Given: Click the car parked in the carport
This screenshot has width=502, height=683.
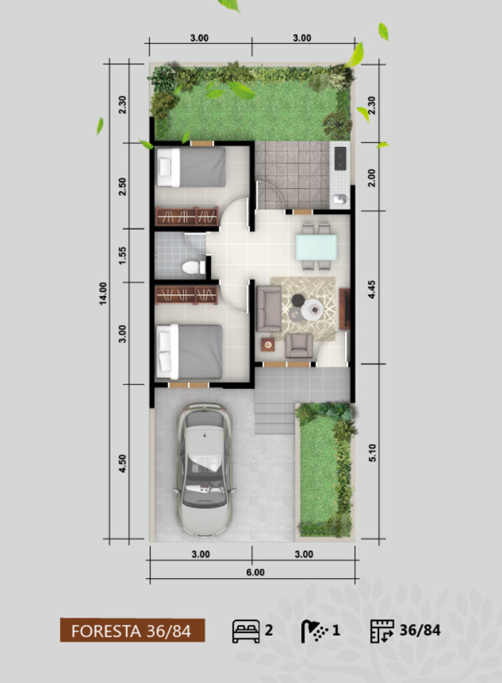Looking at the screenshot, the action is coord(204,470).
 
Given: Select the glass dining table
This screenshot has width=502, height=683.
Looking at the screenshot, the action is coord(316,247).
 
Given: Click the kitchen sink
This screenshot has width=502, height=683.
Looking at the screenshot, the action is coord(340,199).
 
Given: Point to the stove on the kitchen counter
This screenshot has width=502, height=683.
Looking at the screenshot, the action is coord(340,158).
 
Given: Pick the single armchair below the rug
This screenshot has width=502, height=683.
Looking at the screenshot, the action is coord(299,346).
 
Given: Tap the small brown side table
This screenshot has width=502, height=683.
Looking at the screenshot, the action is coord(268,345).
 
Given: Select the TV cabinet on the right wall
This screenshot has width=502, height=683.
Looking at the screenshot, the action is coord(344,308).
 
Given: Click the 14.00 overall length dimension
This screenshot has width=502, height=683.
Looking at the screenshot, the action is coord(103,293).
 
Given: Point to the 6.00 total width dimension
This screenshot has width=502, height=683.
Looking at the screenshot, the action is coord(256,572).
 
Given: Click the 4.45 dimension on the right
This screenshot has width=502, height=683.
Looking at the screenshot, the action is coord(372,289).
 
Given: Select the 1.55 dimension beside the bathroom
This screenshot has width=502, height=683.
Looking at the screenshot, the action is coord(122,255).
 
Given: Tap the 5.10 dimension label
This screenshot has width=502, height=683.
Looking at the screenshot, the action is coord(372,453).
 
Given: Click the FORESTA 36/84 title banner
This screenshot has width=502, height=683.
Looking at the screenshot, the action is coord(132,630).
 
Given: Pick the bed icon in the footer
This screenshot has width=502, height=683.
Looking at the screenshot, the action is coord(246,631).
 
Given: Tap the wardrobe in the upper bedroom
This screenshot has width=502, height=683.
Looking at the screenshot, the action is coord(187,216).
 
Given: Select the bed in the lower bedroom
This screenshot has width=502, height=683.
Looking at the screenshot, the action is coord(190,352).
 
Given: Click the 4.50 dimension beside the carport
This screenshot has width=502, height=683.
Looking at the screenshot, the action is coord(122,463).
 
